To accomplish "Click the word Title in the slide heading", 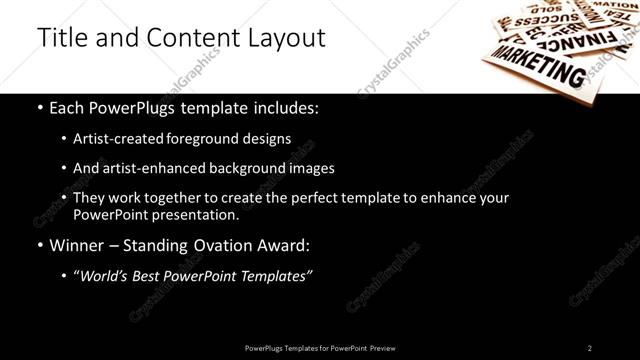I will click(x=60, y=37).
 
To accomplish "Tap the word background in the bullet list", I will click(x=260, y=168).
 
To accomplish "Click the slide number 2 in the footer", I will click(x=590, y=347).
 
